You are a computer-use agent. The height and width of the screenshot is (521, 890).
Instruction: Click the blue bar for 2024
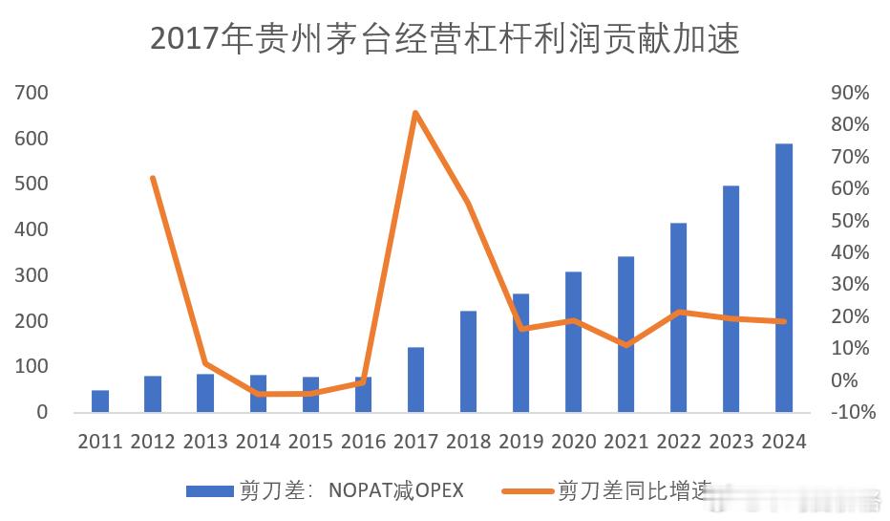point(783,277)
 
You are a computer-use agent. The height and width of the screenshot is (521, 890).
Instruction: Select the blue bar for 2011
point(100,402)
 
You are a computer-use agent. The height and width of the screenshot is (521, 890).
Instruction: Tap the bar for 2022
point(678,317)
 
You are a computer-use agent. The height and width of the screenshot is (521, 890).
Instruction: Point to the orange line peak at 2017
point(415,113)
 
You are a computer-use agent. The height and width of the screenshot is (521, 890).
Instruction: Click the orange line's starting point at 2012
point(153,178)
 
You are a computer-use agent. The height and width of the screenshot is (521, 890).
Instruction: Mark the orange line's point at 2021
point(625,344)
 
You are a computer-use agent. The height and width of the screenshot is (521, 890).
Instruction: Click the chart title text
point(445,39)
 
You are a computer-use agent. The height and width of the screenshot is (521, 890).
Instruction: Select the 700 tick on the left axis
point(32,93)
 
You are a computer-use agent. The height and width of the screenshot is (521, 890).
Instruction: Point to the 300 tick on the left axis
point(32,275)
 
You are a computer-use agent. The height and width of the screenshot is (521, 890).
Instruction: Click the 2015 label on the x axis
point(310,442)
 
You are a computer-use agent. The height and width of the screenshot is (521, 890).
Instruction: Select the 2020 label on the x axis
point(573,442)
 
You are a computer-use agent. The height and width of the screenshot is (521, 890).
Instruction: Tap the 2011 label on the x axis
point(100,442)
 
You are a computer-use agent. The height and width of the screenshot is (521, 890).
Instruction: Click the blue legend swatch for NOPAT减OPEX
point(209,490)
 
